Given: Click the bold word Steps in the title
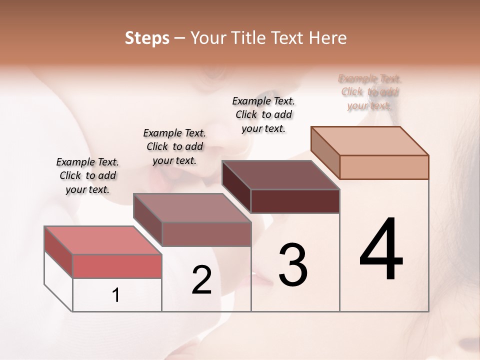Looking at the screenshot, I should pos(147,38).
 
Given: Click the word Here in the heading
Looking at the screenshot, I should pos(328,38).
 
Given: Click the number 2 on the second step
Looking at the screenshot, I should pos(201,280).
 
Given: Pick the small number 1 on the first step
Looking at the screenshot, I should pos(116,295).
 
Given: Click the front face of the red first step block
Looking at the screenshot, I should pos(117,266).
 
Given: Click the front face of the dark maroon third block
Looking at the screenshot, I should pos(295,201).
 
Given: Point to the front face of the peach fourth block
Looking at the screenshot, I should pos(384,167).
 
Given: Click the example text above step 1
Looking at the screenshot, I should pos(87,175).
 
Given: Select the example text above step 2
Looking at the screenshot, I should pos(174,146).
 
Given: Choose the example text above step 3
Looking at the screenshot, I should pos(263,114).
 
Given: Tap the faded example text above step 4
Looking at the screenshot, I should pos(369,92).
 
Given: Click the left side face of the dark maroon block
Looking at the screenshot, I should pos(236,186).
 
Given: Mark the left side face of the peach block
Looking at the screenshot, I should pos(325,152).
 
